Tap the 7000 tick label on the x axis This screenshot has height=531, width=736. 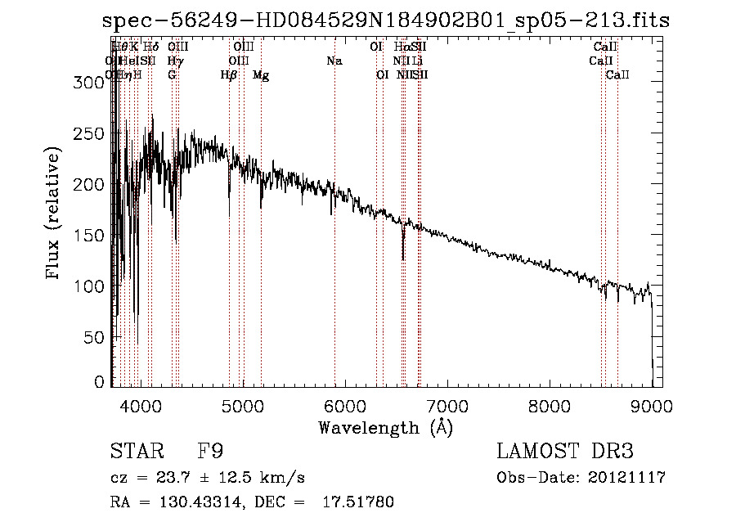[x=447, y=404]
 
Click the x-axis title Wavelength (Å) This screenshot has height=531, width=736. [x=385, y=427]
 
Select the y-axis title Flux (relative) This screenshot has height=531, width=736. [x=54, y=215]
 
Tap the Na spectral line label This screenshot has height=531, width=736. [x=334, y=61]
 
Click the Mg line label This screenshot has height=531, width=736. [x=261, y=75]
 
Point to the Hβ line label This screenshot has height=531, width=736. [x=229, y=75]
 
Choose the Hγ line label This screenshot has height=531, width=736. [x=174, y=61]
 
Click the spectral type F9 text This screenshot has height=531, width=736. [x=210, y=452]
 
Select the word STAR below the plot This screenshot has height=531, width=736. [x=133, y=452]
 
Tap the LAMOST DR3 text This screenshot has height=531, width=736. [x=564, y=452]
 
